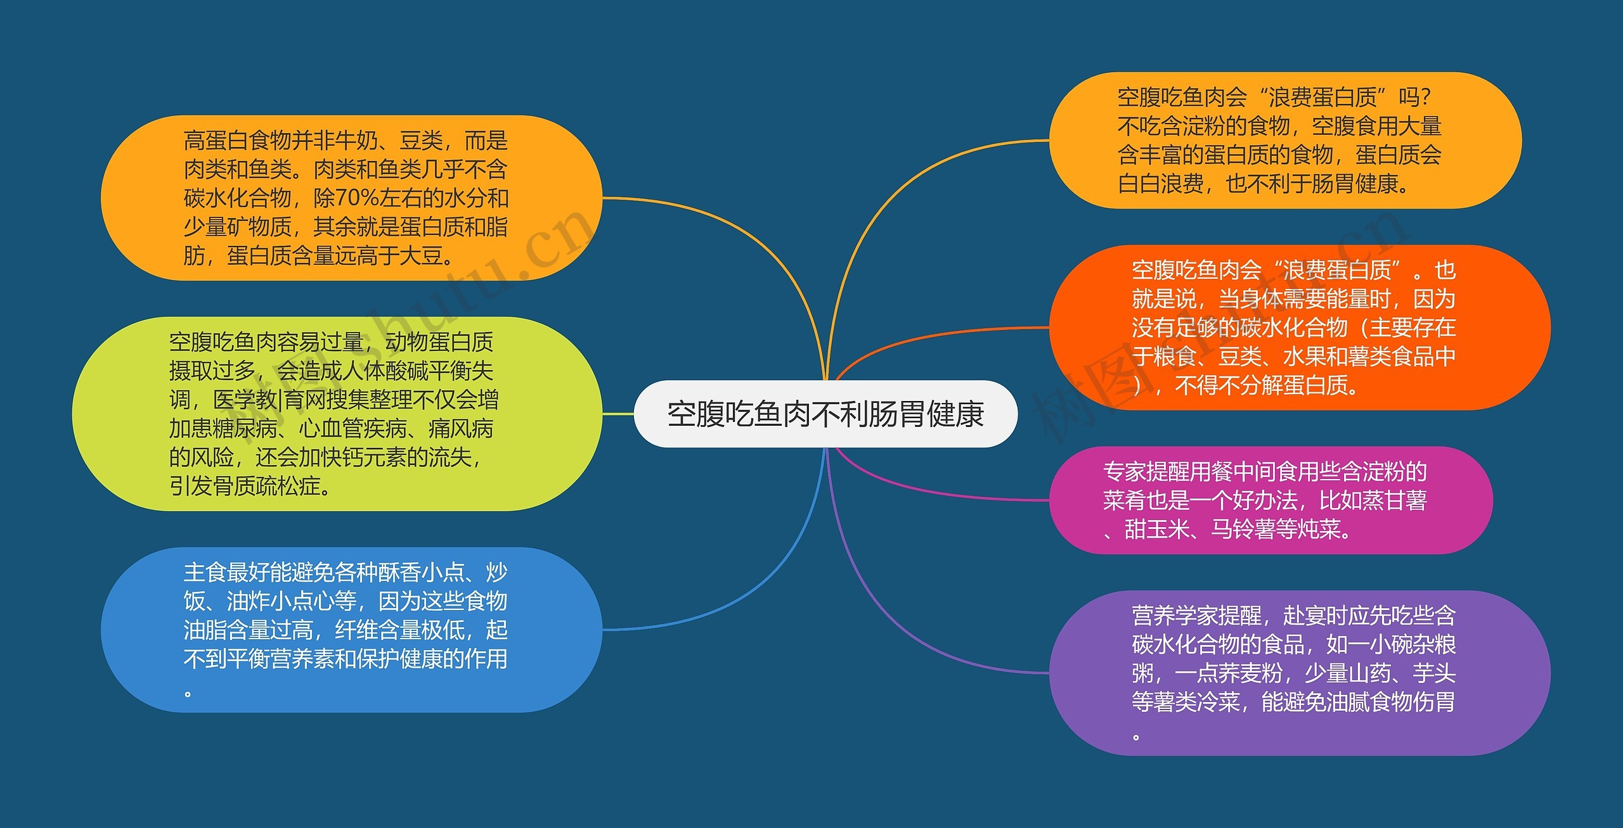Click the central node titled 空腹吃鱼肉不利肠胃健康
825,414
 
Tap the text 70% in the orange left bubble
357,198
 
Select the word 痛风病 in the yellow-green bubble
461,429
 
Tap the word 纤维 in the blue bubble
356,630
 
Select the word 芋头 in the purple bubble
1434,673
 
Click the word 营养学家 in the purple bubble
1175,615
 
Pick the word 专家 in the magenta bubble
1125,471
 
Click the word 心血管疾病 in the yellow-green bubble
353,429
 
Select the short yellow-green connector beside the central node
618,414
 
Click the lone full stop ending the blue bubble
188,694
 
